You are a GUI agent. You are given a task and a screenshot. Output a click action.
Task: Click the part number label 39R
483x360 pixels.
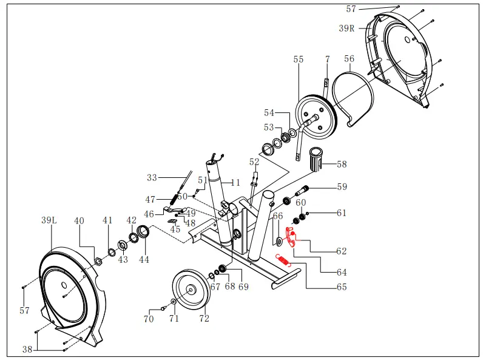347,28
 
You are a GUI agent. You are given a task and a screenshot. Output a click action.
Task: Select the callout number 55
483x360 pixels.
299,59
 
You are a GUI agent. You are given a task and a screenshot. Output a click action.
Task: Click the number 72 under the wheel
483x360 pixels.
204,318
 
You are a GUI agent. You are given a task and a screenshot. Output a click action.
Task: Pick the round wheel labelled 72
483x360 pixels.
190,290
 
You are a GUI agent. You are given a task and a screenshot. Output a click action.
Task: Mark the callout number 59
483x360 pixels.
342,187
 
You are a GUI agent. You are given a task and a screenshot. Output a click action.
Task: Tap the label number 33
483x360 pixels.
152,178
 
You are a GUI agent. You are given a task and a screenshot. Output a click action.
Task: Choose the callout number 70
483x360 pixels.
149,319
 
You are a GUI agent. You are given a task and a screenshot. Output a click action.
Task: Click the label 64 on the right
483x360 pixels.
342,273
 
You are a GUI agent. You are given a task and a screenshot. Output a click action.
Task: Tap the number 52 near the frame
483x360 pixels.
254,162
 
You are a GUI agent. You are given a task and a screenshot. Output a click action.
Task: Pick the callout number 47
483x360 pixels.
150,199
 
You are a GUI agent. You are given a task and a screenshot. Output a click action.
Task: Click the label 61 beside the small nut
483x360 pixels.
342,213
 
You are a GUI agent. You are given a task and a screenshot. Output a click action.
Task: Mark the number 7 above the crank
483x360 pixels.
327,59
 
